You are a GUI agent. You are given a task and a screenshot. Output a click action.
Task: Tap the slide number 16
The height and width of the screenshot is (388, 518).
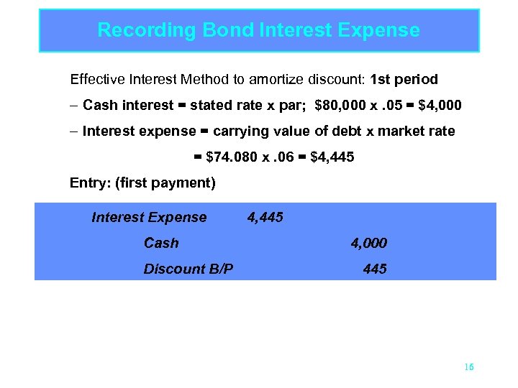[x=469, y=367]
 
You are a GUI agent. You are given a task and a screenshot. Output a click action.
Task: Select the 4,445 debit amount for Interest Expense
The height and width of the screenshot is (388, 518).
[x=265, y=218]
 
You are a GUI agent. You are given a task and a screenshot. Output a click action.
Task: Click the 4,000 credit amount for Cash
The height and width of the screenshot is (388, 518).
[x=368, y=244]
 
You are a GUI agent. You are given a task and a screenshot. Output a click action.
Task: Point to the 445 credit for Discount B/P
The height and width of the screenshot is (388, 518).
[x=375, y=269]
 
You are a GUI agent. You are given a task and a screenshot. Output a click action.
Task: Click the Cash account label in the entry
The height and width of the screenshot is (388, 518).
[x=161, y=244]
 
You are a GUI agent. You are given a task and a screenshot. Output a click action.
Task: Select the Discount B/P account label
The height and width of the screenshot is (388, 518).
[x=188, y=269]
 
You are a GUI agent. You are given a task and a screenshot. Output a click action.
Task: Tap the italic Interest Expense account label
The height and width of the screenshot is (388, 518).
[x=149, y=218]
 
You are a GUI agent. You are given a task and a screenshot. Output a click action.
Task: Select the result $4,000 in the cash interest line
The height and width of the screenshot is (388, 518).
[x=440, y=106]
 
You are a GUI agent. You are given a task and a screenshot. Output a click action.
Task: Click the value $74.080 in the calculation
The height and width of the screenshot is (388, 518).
[x=230, y=157]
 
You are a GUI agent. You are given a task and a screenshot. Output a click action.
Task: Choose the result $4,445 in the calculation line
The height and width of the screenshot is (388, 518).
[x=332, y=157]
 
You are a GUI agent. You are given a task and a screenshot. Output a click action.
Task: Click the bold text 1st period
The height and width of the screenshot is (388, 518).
[x=404, y=79]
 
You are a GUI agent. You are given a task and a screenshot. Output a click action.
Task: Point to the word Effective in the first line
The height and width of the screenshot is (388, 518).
[x=94, y=79]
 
